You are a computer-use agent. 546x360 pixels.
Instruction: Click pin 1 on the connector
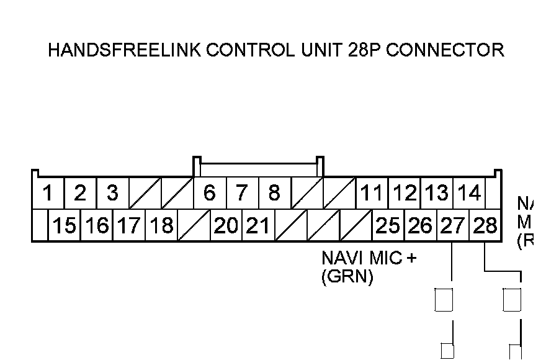tap(48, 194)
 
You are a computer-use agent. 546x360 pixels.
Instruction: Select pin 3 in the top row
tap(112, 194)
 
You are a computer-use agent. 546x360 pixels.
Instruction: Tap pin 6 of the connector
tap(210, 194)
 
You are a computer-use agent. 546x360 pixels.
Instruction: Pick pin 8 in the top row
tap(274, 194)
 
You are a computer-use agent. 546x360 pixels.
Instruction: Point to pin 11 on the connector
tap(371, 194)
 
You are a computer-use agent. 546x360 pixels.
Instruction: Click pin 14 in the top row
tap(468, 194)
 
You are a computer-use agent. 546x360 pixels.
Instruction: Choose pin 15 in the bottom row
tap(64, 226)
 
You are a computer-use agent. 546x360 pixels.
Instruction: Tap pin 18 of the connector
tap(161, 226)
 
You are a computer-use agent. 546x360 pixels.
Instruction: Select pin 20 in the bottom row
tap(226, 226)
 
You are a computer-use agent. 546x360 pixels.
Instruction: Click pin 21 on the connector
tap(258, 226)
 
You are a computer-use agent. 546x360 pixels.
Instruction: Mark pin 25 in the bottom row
tap(388, 226)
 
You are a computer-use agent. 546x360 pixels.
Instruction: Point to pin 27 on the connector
tap(452, 226)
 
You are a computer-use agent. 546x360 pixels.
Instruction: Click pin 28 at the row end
tap(485, 226)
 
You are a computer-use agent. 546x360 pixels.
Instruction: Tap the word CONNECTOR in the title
tap(445, 50)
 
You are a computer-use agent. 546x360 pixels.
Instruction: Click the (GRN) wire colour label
tap(347, 277)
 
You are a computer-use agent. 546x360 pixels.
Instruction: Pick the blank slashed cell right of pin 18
tap(194, 226)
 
